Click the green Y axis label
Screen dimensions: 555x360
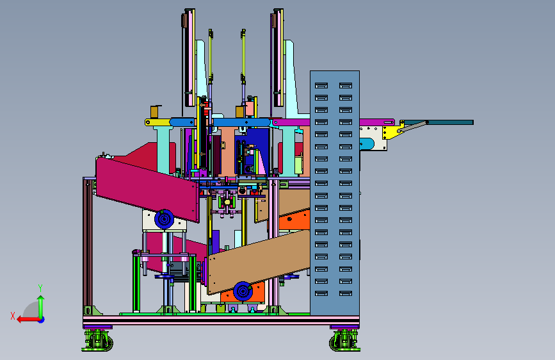[40, 288]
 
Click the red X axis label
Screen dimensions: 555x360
[13, 316]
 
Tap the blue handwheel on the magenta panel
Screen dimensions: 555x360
[165, 219]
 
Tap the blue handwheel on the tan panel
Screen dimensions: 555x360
[243, 291]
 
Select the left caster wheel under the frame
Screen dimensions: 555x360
[98, 341]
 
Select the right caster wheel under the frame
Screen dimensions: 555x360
[345, 341]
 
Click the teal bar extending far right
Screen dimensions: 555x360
[439, 122]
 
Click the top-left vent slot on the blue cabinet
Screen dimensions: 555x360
[321, 85]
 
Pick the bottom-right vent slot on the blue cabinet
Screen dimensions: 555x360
[346, 293]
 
